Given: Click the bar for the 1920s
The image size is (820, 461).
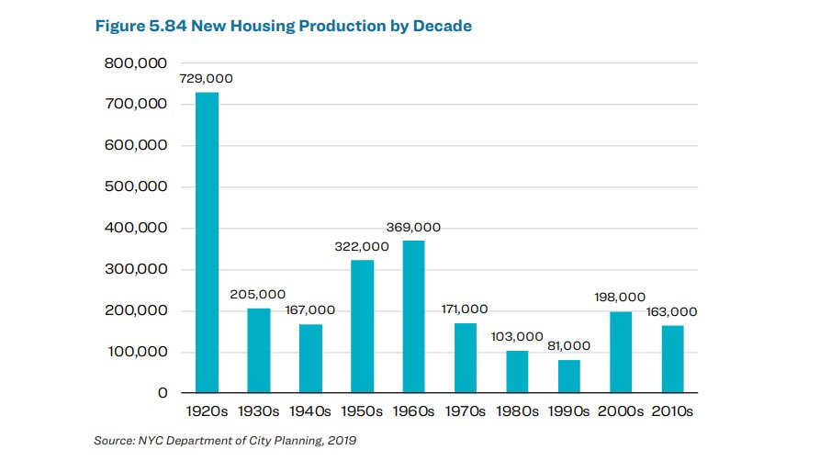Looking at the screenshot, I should coord(207,242).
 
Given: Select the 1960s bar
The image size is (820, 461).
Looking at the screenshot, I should coord(414,317).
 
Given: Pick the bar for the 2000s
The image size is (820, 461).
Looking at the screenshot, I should coord(622,353).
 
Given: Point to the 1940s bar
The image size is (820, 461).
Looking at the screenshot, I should coord(310,359).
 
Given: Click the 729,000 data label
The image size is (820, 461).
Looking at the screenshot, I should coord(207,79).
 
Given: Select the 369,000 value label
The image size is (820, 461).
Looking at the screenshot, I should coord(414,227).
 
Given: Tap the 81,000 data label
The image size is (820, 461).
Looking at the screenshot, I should coord(569,346).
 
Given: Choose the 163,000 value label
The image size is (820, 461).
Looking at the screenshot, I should coord(671,312).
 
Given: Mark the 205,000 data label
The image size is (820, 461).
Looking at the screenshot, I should coord(259,295).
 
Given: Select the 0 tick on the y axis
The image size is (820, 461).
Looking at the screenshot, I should coord(163,393).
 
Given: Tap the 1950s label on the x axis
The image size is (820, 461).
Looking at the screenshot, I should coord(363,412).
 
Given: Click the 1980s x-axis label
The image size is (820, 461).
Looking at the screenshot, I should coord(518,412).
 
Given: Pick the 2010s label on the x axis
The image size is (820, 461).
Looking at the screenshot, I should coord(673,412).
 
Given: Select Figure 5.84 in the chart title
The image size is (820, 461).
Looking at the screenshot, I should coord(139,27).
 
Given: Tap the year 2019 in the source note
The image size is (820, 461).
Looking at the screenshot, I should coord(341,442).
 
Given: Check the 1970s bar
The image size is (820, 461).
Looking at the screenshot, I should coord(466,358).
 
